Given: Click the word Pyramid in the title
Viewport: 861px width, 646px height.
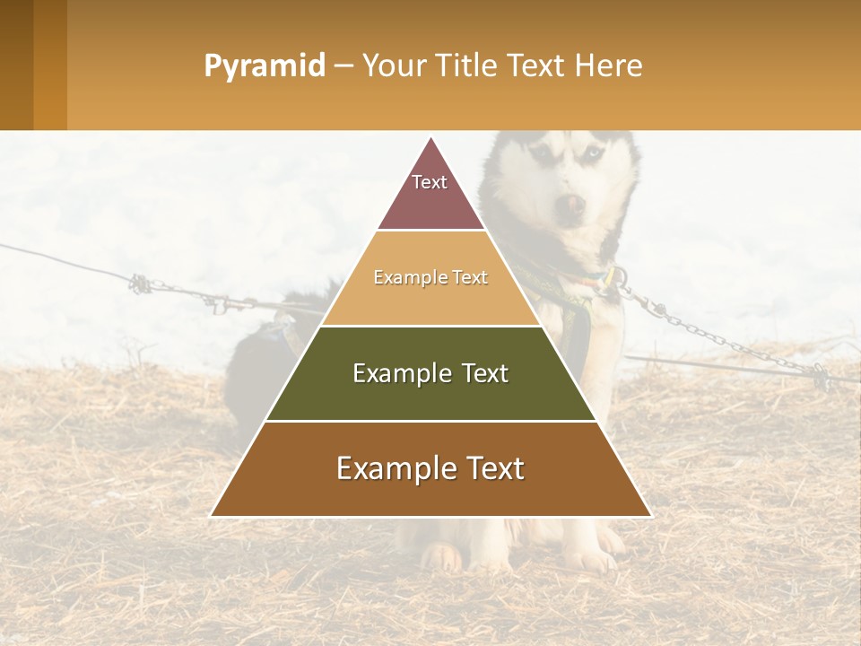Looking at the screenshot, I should pyautogui.click(x=265, y=66).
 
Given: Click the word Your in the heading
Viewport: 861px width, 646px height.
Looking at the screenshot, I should pyautogui.click(x=396, y=66).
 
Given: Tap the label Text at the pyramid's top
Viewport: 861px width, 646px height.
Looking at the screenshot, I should pyautogui.click(x=430, y=182).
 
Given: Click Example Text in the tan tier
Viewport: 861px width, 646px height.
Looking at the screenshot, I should pyautogui.click(x=430, y=277).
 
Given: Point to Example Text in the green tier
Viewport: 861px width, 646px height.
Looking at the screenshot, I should pyautogui.click(x=430, y=373).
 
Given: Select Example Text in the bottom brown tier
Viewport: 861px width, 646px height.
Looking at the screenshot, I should pyautogui.click(x=430, y=468).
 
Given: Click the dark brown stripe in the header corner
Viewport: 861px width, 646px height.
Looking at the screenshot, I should pyautogui.click(x=16, y=65).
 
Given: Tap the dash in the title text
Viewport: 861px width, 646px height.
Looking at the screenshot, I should pyautogui.click(x=344, y=66).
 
